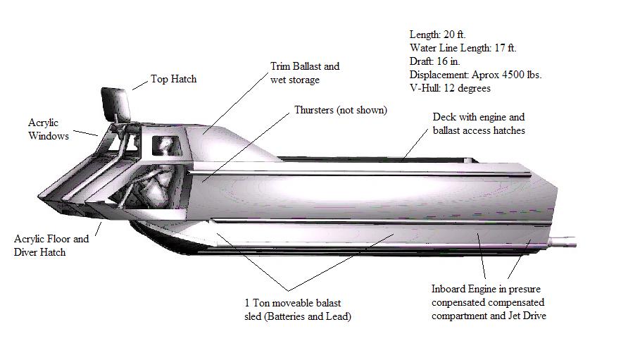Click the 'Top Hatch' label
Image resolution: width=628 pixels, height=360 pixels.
[x=173, y=79]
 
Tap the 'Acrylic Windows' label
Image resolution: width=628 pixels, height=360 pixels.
[x=49, y=129]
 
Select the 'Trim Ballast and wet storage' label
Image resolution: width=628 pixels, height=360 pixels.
[x=304, y=73]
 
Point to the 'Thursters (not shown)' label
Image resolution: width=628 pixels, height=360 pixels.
[x=341, y=111]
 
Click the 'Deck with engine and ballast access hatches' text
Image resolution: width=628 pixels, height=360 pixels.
[x=478, y=123]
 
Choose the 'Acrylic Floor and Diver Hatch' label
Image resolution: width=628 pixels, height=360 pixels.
[x=51, y=245]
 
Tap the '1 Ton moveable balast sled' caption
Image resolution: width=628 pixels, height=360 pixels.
[x=298, y=309]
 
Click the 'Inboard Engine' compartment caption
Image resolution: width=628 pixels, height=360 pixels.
[x=489, y=302]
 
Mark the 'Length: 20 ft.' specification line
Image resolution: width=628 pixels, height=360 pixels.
[x=437, y=35]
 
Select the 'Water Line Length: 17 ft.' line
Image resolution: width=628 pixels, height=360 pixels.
[x=463, y=48]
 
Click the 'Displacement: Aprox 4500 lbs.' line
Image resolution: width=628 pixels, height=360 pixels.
[x=475, y=75]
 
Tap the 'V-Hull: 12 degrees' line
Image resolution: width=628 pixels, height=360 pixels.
[x=449, y=88]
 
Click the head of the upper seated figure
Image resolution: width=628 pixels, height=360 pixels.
[x=166, y=145]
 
